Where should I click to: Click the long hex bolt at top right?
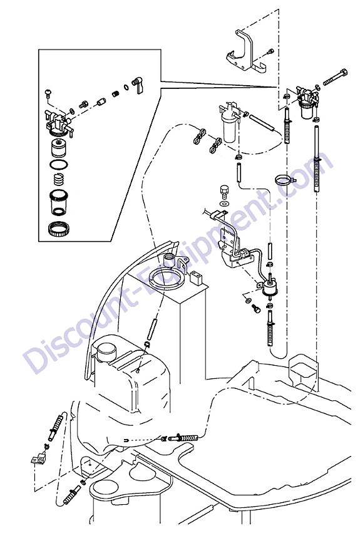[335, 77]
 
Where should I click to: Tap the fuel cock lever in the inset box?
[138, 85]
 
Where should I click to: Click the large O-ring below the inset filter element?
[58, 165]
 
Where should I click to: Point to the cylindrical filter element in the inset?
[58, 147]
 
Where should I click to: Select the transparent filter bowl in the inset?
[59, 202]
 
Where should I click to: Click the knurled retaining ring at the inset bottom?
[58, 229]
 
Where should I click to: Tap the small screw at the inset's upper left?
[48, 93]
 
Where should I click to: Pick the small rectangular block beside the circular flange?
[195, 277]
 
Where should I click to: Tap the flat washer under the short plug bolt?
[224, 204]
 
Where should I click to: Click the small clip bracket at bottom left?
[38, 459]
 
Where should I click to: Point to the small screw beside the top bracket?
[270, 52]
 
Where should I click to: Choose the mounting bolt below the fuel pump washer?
[256, 309]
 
